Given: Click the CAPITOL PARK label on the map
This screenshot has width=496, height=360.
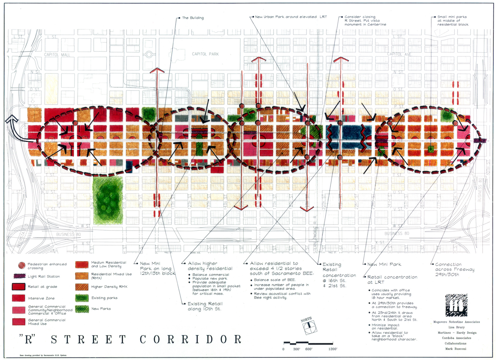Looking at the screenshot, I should tap(205, 54).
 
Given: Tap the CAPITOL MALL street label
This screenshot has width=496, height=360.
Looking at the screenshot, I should tap(57, 55).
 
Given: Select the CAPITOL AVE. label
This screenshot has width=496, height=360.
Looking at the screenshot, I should tap(399, 54).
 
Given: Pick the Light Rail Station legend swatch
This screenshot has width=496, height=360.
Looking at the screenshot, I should tap(19, 276).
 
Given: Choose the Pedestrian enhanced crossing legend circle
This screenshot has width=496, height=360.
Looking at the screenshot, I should tap(21, 265).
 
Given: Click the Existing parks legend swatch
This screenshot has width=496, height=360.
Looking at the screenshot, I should tap(82, 298).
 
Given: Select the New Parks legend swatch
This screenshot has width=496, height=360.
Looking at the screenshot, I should tap(82, 309).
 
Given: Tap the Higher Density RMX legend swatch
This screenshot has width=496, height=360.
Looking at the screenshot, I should tap(82, 287).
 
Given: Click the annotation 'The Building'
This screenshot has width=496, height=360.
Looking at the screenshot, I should tap(193, 18).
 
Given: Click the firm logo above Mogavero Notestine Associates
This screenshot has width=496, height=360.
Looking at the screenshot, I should tap(456, 305).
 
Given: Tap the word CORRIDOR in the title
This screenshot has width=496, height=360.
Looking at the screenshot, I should tap(190, 339).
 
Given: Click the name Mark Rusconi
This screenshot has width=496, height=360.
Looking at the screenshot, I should tap(456, 349).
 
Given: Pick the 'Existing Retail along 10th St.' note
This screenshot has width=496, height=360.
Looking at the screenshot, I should tap(205, 306).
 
